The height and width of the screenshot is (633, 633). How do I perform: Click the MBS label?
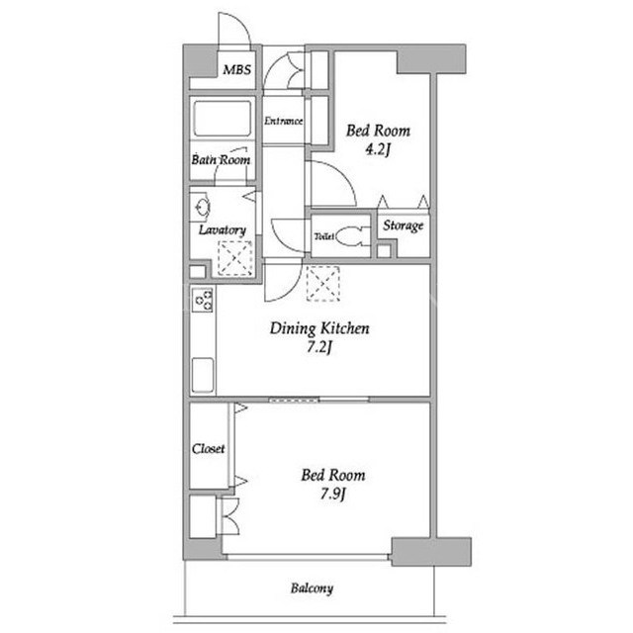[x=237, y=70]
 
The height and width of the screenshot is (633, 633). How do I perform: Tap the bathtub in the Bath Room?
[x=222, y=119]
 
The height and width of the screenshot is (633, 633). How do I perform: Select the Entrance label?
[x=284, y=121]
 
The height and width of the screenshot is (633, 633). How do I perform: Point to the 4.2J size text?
[x=378, y=150]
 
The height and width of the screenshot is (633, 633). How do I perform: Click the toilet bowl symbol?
[x=349, y=236]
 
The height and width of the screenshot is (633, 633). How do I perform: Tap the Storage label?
[x=403, y=226]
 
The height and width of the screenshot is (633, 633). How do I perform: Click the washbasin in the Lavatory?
[x=202, y=208]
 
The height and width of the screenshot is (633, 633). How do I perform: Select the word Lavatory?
[x=223, y=230]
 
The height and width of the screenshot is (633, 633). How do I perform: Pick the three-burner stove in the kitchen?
[x=202, y=300]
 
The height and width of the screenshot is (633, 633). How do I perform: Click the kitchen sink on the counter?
[x=202, y=375]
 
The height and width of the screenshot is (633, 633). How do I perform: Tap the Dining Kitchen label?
[x=319, y=328]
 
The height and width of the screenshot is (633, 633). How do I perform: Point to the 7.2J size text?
[x=318, y=347]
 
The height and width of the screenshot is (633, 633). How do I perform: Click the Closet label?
[x=208, y=449]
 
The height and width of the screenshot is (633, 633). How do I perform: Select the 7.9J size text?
[x=333, y=494]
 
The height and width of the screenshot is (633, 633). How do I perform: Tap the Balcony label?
[x=313, y=588]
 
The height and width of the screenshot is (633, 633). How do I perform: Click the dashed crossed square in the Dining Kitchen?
[x=322, y=284]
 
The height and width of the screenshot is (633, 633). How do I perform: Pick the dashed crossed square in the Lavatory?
[x=235, y=258]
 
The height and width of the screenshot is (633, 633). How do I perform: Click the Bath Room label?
[x=221, y=160]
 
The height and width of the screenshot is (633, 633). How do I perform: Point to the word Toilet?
[x=323, y=236]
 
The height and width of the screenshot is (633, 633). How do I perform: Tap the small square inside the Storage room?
[x=384, y=250]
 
